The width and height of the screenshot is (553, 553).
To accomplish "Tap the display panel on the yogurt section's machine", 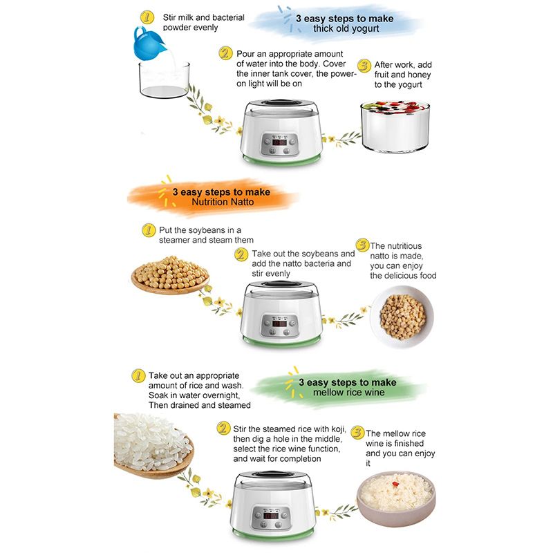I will click(x=281, y=147).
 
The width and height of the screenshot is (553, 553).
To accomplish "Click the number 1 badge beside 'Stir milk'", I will click(x=146, y=17).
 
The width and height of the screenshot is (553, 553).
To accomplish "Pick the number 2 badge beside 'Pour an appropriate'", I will click(x=225, y=53).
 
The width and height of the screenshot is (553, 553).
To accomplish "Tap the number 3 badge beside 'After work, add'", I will click(x=363, y=65).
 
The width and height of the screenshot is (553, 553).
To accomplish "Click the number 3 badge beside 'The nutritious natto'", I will click(x=362, y=245).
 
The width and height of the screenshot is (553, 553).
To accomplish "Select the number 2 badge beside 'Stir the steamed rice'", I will click(x=223, y=429).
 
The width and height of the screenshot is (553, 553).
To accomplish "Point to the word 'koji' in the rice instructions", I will click(x=329, y=429).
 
